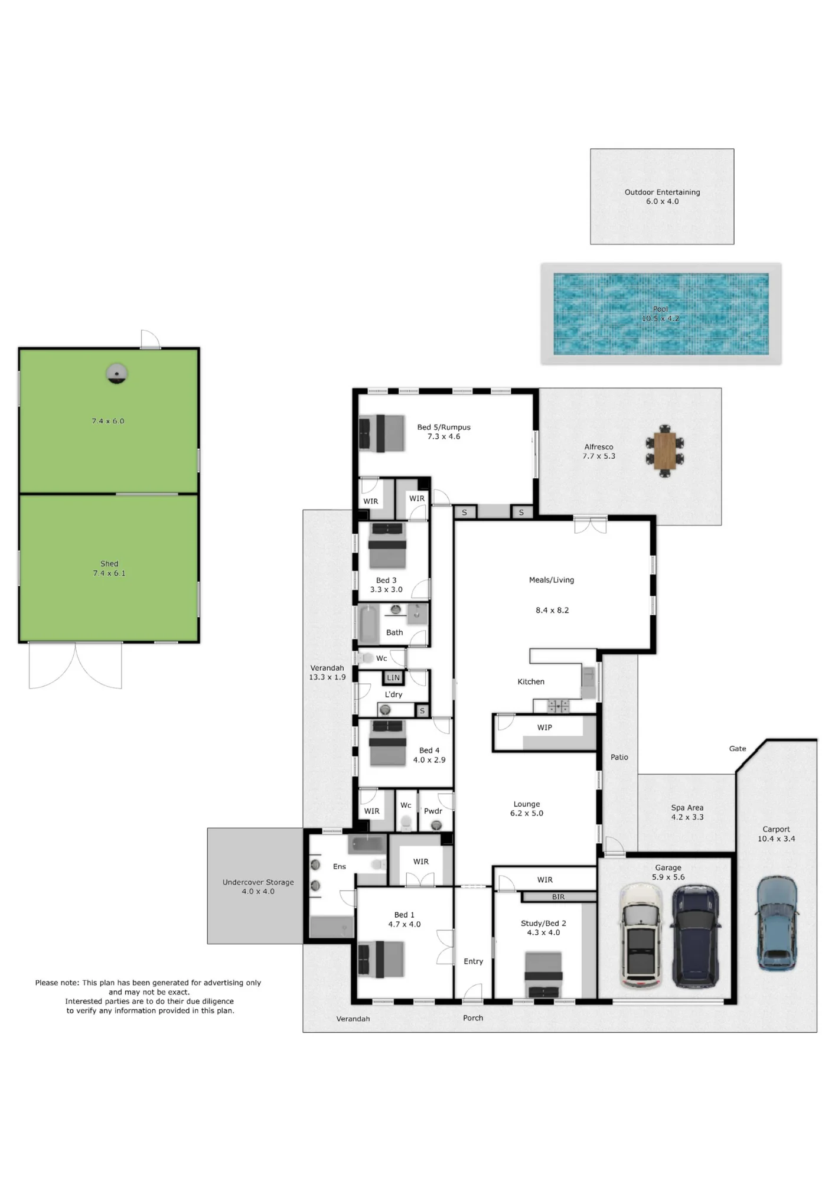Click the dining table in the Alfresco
(665, 451)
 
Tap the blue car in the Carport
(777, 924)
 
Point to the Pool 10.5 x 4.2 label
(660, 314)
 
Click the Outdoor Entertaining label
(662, 192)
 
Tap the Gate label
(738, 748)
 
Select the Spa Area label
(687, 808)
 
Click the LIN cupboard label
(393, 678)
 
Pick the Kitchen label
(531, 681)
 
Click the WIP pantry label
(544, 727)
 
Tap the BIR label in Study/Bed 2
(558, 896)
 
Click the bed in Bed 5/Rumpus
(381, 433)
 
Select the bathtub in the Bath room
(369, 624)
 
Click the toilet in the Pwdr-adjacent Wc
(406, 822)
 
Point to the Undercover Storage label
(258, 882)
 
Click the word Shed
(109, 563)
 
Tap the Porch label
(473, 1017)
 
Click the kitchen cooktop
(558, 705)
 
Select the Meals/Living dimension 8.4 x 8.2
(552, 610)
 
